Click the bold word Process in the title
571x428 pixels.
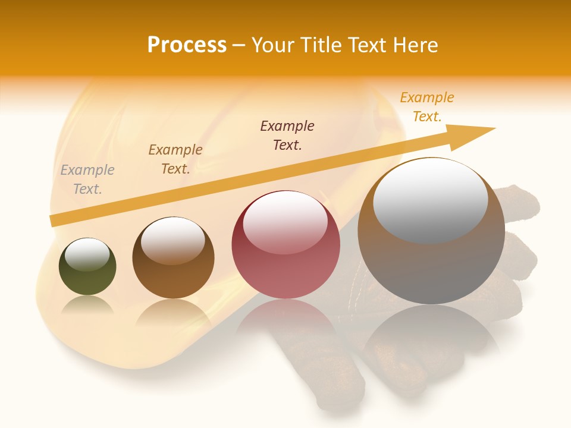pyautogui.click(x=187, y=45)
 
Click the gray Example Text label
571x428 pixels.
pyautogui.click(x=87, y=180)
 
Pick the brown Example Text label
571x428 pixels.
pyautogui.click(x=175, y=159)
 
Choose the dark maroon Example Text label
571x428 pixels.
pyautogui.click(x=287, y=136)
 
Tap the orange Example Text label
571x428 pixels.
pyautogui.click(x=427, y=107)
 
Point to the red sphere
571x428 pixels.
pyautogui.click(x=285, y=262)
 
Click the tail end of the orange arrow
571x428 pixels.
pyautogui.click(x=55, y=221)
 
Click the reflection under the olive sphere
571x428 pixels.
pyautogui.click(x=87, y=306)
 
